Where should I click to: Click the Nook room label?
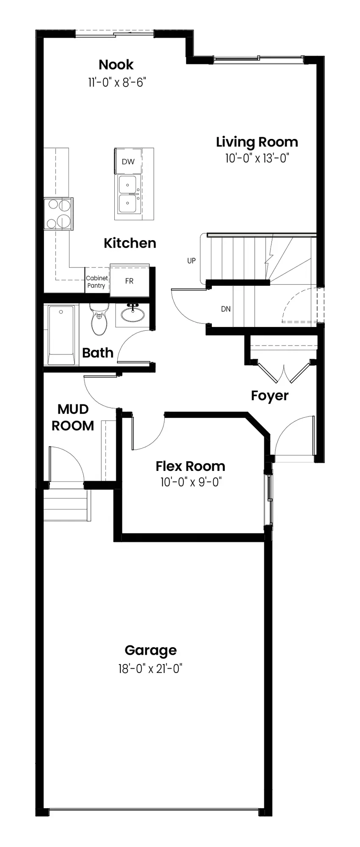pos(116,65)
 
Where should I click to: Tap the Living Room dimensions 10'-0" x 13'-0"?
pos(257,158)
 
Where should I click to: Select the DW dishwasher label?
pos(128,161)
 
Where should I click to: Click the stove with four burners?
pos(58,214)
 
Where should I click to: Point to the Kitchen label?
pos(130,243)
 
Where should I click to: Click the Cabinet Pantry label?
pos(97,282)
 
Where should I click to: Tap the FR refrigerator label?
pos(129,281)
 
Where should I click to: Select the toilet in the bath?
pos(100,318)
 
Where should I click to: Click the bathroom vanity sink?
pos(133,314)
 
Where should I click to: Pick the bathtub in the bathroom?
pos(61,335)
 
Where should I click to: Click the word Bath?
pos(98,353)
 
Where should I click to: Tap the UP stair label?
pos(191,261)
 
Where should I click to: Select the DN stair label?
pos(226,309)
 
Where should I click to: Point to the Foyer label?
pos(270,396)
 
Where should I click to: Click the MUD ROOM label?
pos(73,417)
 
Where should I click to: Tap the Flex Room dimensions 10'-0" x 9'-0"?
pos(191,482)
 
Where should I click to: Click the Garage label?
pos(151,650)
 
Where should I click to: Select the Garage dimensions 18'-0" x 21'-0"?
pos(150,669)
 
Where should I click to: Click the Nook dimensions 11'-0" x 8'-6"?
pos(117,82)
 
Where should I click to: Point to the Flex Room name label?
pos(190,466)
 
